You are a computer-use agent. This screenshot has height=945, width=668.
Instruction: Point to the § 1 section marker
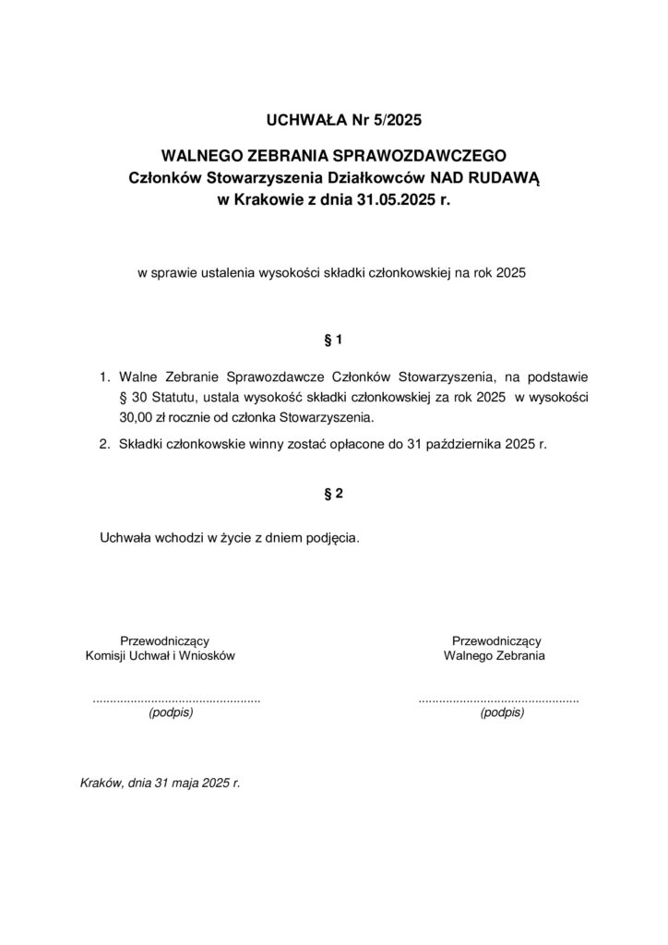(334, 341)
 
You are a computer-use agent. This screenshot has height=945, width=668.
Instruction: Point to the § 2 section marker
(334, 494)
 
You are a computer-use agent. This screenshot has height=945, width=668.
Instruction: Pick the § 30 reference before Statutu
(128, 397)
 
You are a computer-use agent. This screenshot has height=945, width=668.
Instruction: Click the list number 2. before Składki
(105, 444)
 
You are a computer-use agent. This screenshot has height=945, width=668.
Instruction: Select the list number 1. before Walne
(105, 377)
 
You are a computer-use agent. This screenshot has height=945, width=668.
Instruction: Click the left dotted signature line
(176, 700)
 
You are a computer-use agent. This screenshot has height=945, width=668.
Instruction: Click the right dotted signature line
(498, 700)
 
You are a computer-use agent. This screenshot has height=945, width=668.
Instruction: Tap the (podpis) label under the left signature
(171, 712)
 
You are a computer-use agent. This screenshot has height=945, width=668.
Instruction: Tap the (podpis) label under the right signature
(502, 712)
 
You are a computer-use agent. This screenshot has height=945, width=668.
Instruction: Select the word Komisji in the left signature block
(106, 656)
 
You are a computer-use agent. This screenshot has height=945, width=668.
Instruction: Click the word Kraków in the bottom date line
(102, 783)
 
